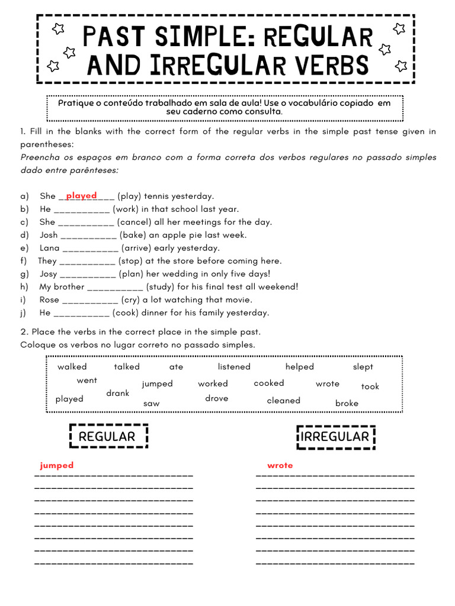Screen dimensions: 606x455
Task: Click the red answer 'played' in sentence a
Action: click(x=81, y=195)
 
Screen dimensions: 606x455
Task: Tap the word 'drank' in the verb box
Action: click(x=117, y=393)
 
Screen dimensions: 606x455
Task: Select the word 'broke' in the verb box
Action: click(x=347, y=403)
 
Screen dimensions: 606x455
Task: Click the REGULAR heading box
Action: click(x=107, y=437)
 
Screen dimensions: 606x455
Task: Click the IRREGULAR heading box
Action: click(x=335, y=437)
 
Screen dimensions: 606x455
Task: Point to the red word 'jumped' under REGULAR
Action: click(x=57, y=465)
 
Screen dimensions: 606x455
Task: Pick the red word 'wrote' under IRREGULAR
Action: click(x=280, y=465)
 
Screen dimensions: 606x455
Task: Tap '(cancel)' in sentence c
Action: click(x=135, y=222)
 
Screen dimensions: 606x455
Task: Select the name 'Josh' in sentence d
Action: click(x=49, y=235)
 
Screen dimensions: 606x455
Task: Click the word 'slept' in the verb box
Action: click(x=363, y=367)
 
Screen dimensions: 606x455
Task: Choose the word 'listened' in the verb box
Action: click(x=234, y=367)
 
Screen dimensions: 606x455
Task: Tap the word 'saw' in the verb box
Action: click(x=151, y=404)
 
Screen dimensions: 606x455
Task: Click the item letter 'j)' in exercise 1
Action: click(x=24, y=312)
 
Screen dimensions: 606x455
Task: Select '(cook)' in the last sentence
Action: click(x=124, y=312)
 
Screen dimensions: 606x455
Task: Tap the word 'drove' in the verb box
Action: click(x=216, y=398)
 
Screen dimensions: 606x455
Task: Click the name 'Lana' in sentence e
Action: click(x=50, y=248)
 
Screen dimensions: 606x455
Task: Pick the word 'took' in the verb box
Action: click(x=370, y=386)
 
